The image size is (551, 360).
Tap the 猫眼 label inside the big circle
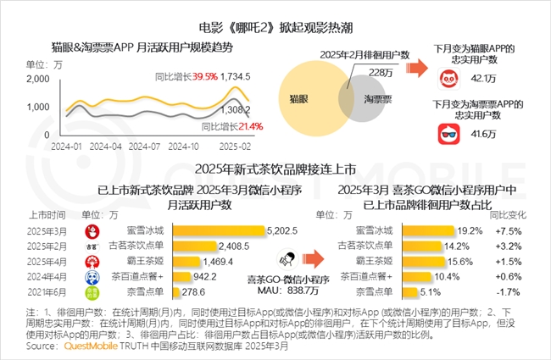[303, 100]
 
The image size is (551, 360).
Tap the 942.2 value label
[225, 276]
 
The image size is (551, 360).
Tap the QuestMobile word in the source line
[78, 346]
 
